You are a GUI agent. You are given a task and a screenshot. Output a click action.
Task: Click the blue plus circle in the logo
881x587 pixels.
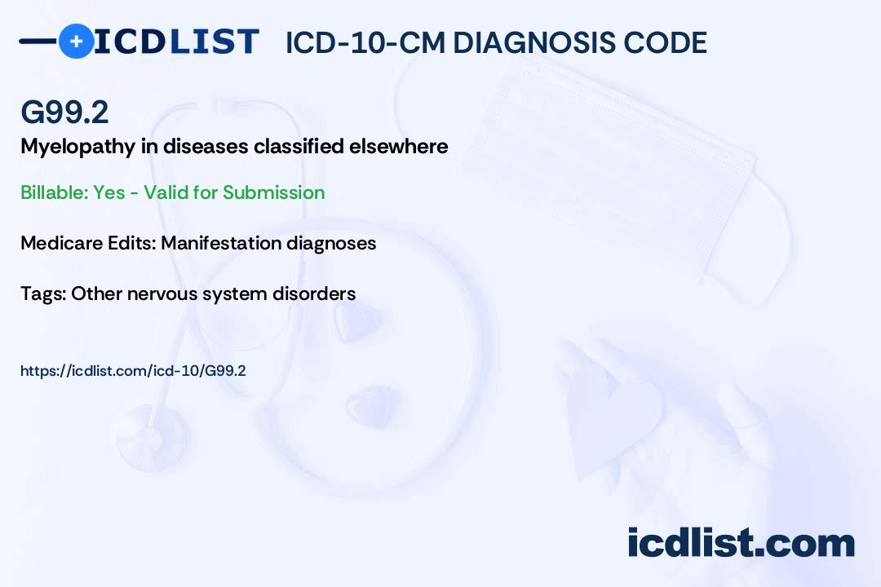click(77, 41)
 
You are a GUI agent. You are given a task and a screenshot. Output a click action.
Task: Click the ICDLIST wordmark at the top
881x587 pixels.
click(177, 41)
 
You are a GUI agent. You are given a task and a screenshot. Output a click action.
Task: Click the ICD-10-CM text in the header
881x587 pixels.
click(365, 42)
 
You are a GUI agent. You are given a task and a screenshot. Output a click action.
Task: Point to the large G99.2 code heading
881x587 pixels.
click(64, 113)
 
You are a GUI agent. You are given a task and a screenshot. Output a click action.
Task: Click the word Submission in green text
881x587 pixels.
click(273, 192)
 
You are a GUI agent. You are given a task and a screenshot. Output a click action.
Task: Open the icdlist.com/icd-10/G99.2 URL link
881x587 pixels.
click(133, 371)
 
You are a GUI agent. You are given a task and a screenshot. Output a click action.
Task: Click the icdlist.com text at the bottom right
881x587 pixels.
click(741, 543)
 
